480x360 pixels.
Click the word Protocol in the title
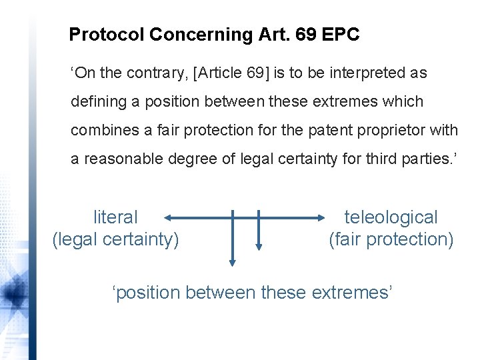point(107,35)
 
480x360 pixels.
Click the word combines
point(101,130)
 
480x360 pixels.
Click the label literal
point(115,217)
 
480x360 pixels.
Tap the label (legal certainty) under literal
point(115,239)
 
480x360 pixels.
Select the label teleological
point(391,217)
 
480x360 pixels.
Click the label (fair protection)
point(391,239)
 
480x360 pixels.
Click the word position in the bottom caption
point(151,293)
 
